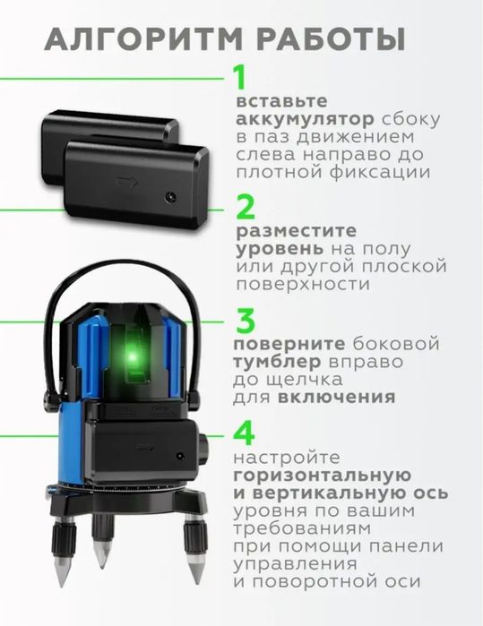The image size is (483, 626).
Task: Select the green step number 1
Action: click(239, 78)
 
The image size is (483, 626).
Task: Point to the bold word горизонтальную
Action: click(324, 475)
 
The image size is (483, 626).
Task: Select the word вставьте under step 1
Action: click(277, 101)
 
